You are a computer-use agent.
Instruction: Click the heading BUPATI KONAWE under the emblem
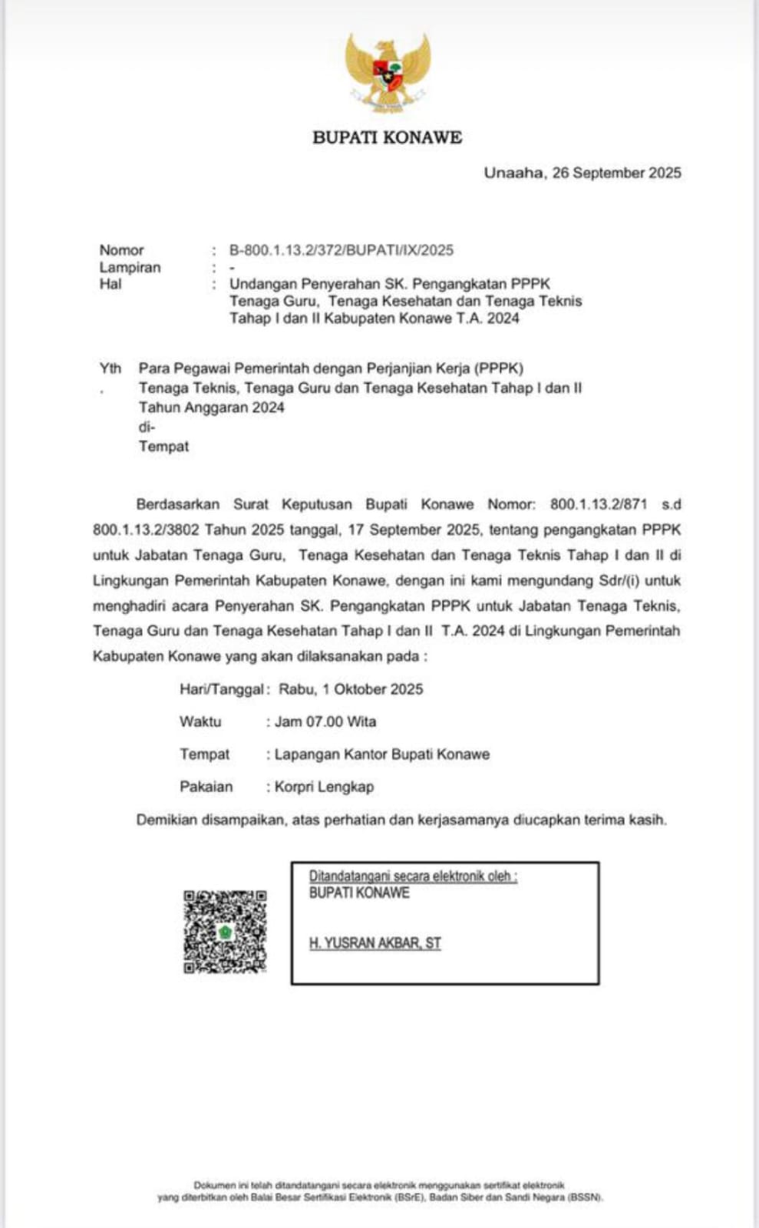(388, 137)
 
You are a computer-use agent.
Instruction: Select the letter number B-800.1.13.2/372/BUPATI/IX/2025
(342, 250)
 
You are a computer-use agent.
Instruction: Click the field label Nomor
(121, 250)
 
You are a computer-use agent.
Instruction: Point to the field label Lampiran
(130, 267)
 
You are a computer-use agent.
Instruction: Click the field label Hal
(111, 284)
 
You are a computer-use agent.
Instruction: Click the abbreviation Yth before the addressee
(111, 368)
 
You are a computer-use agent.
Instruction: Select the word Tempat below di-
(163, 446)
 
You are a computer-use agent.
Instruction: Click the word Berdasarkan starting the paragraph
(177, 504)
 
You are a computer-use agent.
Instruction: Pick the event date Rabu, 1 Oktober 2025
(351, 689)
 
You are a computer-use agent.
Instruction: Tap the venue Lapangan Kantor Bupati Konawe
(381, 754)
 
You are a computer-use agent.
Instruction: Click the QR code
(225, 931)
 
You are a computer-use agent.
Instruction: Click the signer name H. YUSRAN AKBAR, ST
(375, 943)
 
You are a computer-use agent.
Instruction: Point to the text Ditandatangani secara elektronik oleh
(413, 876)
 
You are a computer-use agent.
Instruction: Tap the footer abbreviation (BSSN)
(585, 1197)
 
